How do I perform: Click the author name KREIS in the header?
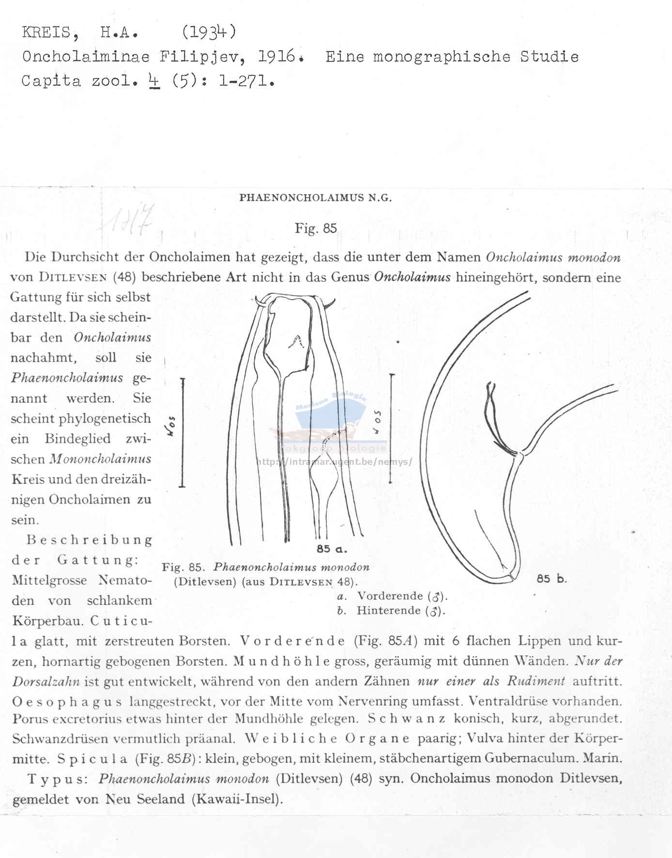tap(46, 32)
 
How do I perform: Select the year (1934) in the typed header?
tap(209, 32)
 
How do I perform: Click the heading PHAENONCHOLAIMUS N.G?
tap(315, 198)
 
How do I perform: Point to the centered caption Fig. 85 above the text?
tap(316, 229)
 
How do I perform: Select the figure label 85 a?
tap(332, 549)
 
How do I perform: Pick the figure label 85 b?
tap(551, 579)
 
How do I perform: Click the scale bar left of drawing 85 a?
tap(183, 432)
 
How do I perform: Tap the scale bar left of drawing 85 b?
tap(391, 429)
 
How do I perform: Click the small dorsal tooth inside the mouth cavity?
tap(295, 342)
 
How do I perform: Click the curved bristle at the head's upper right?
tap(330, 304)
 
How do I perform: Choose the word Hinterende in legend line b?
tap(389, 611)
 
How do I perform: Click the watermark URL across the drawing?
tap(334, 462)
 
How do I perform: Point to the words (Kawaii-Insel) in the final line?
tap(237, 799)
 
